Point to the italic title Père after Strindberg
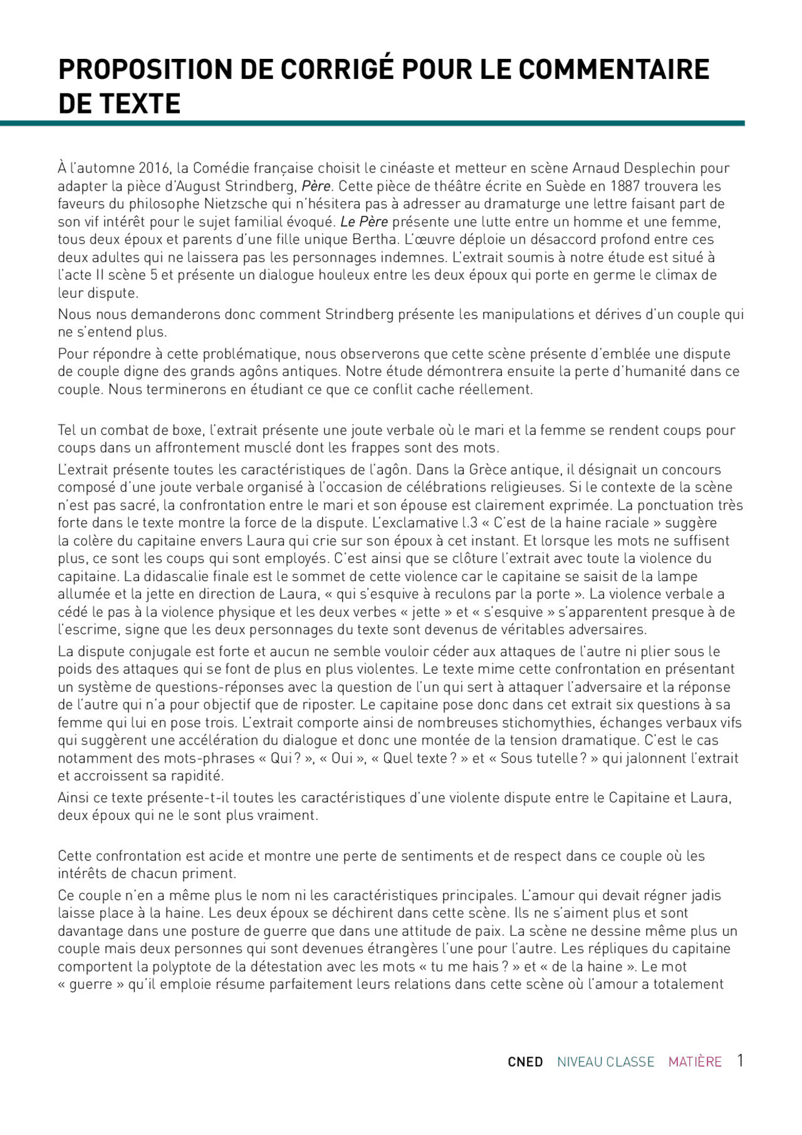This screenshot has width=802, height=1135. tap(316, 186)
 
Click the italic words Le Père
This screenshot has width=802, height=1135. tap(364, 222)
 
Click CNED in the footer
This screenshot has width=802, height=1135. tap(525, 1062)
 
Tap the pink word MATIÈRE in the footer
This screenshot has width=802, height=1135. tap(695, 1062)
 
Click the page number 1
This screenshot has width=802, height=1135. tap(740, 1060)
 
